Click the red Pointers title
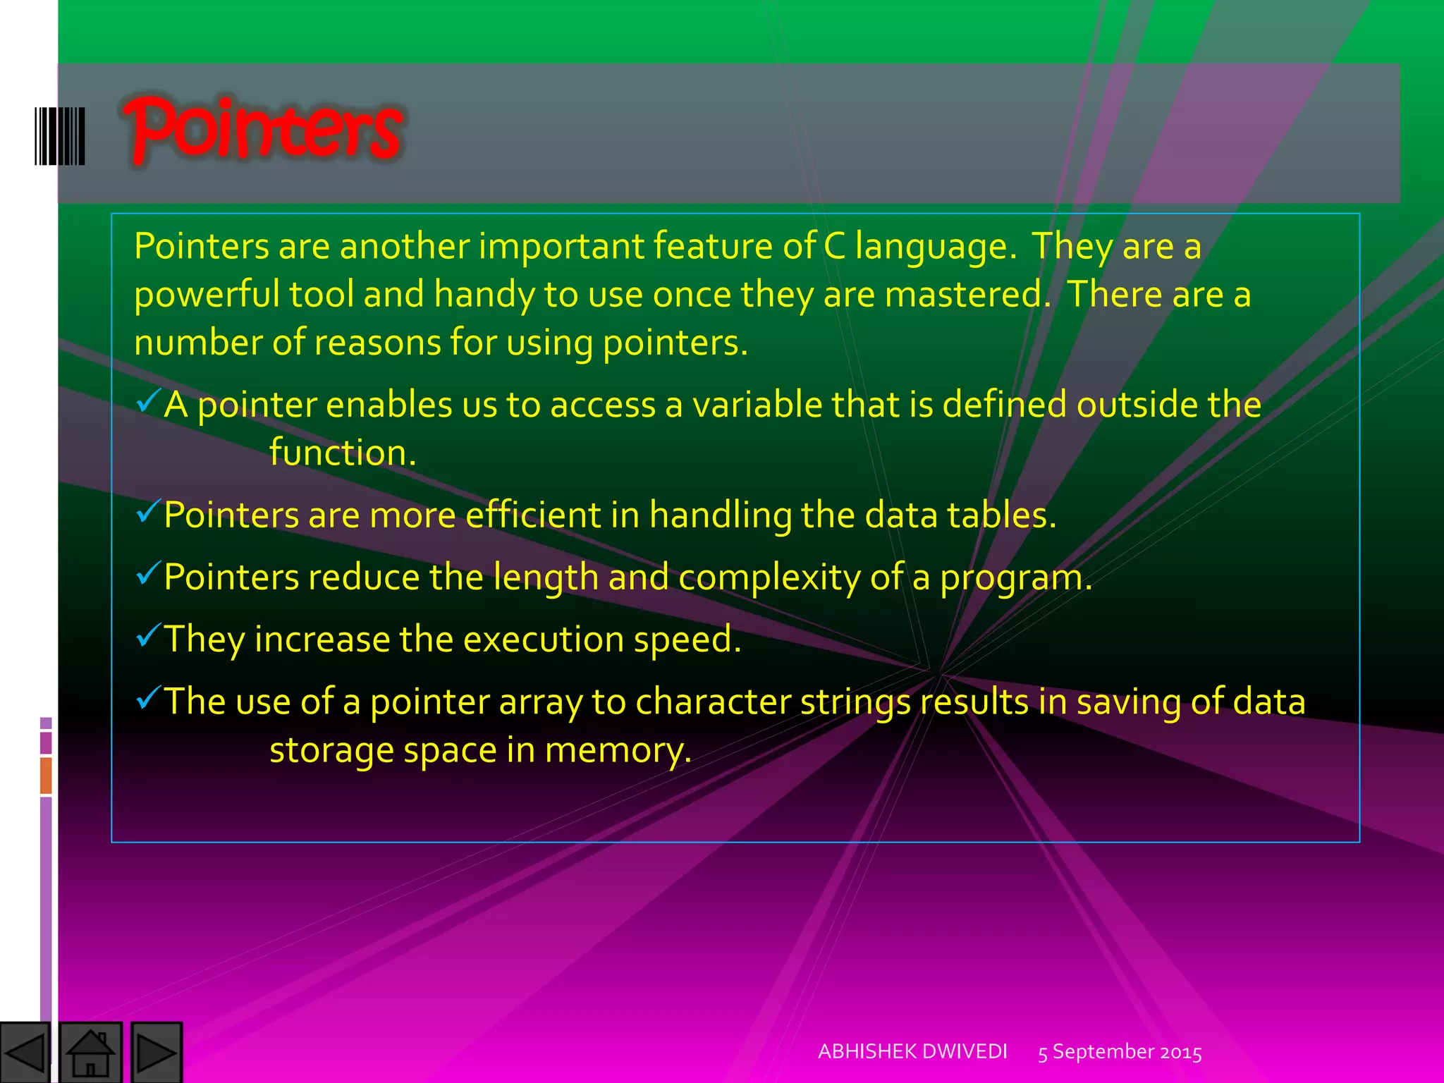pos(262,130)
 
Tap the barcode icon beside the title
pos(60,136)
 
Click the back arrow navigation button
pos(25,1053)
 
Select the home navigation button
pos(90,1053)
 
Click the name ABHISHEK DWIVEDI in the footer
pos(912,1051)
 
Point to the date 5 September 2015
pos(1120,1052)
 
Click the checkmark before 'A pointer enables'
pos(149,401)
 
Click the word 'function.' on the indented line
pos(343,453)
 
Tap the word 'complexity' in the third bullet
pos(769,578)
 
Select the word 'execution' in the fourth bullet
pos(543,640)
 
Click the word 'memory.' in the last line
pos(618,750)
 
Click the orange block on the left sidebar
pos(46,775)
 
